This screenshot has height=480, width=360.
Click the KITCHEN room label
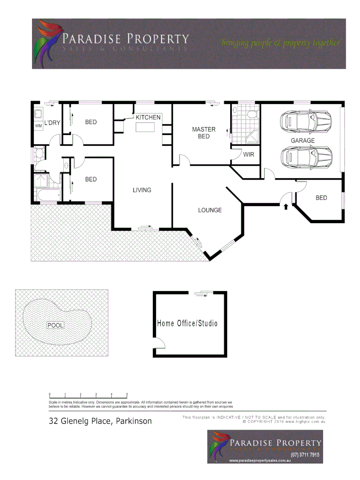148,117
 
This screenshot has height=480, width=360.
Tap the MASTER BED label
204,133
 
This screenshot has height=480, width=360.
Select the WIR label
248,155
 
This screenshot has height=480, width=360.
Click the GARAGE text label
302,140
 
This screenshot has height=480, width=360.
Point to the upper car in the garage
305,120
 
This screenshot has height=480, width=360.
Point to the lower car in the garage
306,156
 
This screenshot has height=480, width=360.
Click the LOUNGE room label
210,210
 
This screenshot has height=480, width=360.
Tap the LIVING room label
142,190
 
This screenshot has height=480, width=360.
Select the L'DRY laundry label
52,122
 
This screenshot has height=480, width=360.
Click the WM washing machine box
38,126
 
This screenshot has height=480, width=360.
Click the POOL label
56,325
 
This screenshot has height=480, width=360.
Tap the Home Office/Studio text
187,323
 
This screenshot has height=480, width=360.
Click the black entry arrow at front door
286,206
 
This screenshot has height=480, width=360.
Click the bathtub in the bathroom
47,195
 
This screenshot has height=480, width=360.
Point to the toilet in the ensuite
252,114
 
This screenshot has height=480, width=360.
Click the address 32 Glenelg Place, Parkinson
100,421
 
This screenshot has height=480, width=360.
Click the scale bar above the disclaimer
88,394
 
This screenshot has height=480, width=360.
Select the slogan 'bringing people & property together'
281,43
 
